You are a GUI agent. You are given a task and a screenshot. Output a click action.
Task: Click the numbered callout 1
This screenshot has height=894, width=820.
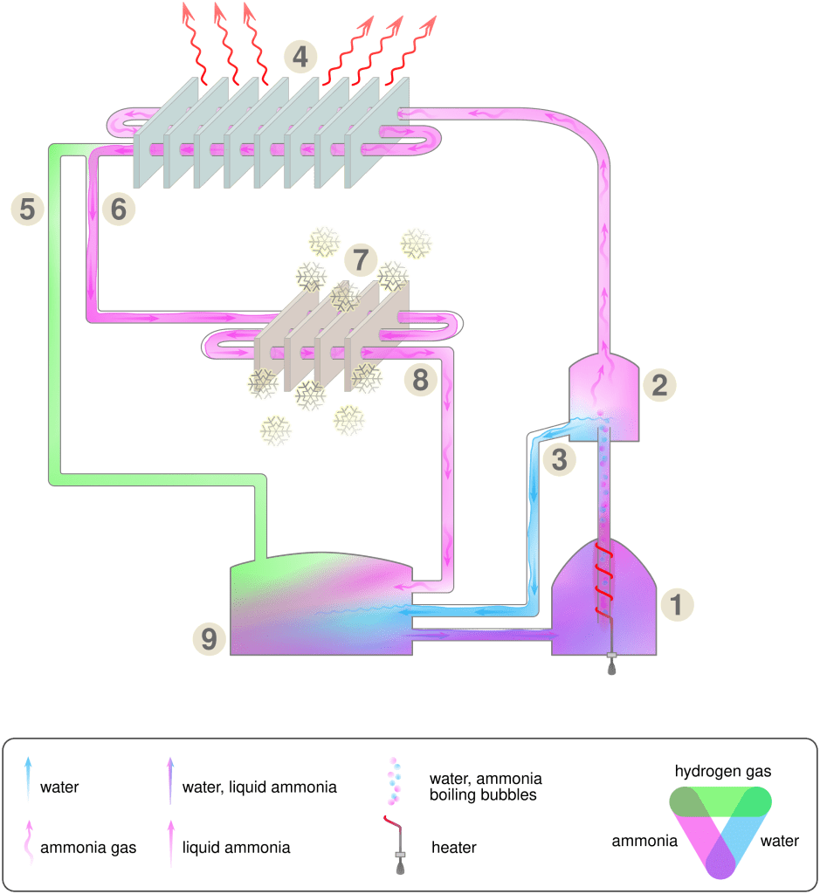tap(678, 604)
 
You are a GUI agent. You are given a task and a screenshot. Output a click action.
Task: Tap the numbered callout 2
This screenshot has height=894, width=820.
tap(660, 385)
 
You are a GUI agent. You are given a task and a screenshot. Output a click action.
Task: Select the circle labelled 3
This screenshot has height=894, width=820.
tap(560, 459)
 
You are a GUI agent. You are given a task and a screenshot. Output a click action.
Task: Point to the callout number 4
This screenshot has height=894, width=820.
tap(300, 57)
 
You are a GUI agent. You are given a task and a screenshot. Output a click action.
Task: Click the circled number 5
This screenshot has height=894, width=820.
tap(27, 209)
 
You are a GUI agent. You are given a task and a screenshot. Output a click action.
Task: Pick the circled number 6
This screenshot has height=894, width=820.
tap(119, 209)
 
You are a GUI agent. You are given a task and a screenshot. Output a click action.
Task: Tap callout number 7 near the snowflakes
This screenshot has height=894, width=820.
tap(361, 259)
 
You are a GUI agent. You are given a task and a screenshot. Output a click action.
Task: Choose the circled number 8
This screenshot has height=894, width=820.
tap(420, 380)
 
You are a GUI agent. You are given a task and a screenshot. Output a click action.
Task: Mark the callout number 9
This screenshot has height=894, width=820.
tap(210, 638)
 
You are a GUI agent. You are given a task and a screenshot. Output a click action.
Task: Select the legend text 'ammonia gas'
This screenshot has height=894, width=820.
tap(88, 848)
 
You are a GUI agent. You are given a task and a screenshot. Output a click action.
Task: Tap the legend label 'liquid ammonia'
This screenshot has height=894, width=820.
tap(236, 847)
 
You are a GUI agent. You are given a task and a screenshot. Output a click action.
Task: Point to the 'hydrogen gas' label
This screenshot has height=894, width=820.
tap(723, 772)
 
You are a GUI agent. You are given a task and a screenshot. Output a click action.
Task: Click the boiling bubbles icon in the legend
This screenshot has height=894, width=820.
tap(394, 781)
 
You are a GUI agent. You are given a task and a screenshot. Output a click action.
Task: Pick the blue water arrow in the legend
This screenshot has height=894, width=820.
tap(28, 779)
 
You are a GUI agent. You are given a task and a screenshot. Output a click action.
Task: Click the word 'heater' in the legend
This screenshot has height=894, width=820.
tap(454, 847)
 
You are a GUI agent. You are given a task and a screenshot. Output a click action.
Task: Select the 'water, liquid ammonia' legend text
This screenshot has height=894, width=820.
tap(259, 787)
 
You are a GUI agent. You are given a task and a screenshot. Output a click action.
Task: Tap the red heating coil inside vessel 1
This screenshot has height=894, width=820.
tap(604, 581)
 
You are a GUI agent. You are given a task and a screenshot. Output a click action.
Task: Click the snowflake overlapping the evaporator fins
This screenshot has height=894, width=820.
tap(344, 297)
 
